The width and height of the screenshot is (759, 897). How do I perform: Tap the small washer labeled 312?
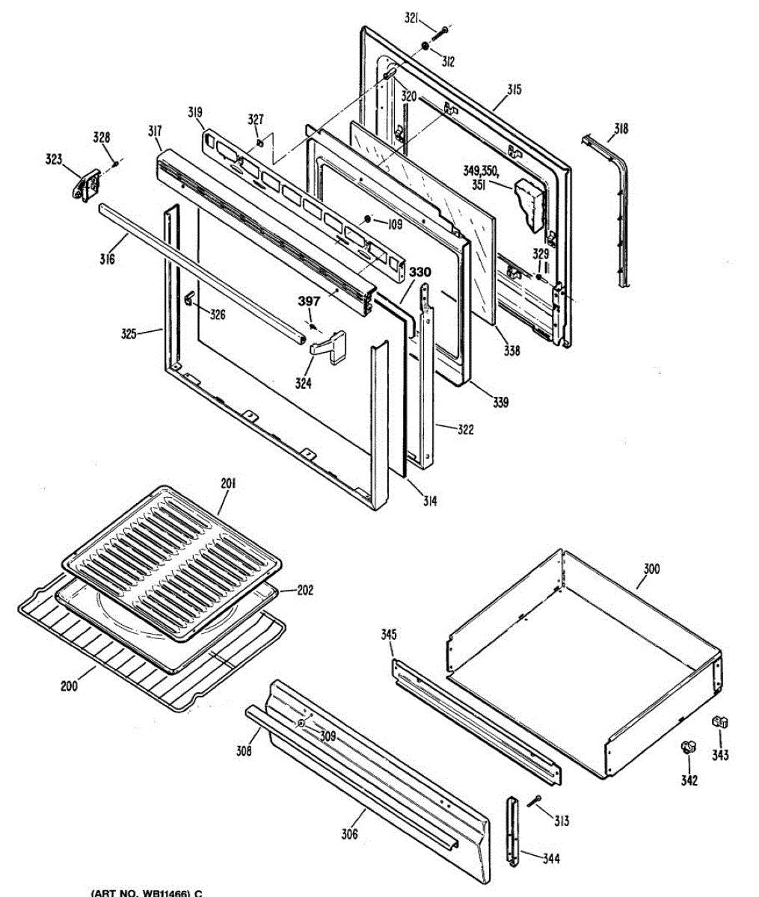click(425, 49)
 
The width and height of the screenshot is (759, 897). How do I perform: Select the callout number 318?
click(621, 129)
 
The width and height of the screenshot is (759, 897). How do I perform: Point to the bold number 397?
click(309, 301)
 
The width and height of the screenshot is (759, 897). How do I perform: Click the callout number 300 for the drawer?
click(651, 569)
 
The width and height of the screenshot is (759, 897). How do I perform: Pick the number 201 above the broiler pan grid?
click(228, 484)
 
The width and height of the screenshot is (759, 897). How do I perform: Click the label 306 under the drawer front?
click(348, 834)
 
